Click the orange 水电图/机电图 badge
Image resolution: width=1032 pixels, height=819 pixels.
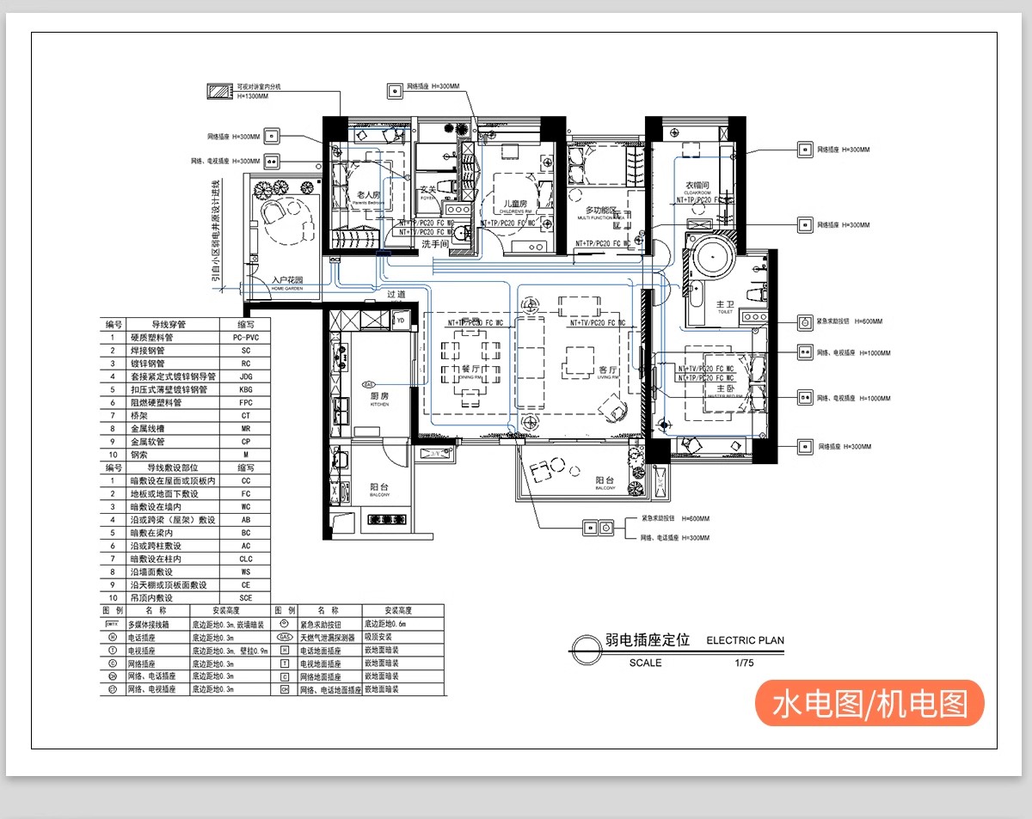coord(869,704)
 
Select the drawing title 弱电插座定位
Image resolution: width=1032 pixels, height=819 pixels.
coord(647,640)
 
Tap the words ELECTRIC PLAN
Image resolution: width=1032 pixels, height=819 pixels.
coord(745,640)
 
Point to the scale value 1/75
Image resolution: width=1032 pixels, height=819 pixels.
coord(744,663)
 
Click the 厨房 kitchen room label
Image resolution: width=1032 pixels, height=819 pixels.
coord(380,396)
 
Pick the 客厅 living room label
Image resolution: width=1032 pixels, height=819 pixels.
coord(609,370)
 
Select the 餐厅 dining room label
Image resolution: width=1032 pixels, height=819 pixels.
coord(470,369)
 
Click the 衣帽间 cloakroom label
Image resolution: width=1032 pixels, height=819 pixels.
coord(697,186)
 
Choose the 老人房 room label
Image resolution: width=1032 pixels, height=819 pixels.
coord(368,196)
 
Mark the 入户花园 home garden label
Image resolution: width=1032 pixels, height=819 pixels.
coord(287,280)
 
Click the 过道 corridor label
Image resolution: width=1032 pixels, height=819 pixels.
coord(396,295)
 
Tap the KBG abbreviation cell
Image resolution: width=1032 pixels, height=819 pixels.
coord(246,389)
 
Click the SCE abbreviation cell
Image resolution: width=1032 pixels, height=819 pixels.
coord(246,597)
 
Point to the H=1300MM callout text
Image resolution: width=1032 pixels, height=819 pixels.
coord(253,96)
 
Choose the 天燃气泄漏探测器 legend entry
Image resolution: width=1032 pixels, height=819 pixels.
coord(327,638)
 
